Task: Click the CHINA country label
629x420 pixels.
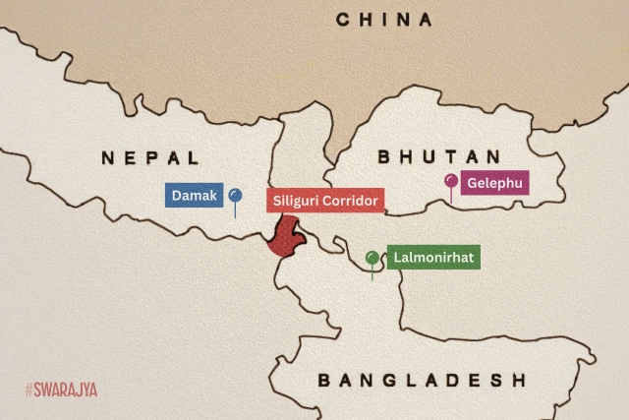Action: coord(384,20)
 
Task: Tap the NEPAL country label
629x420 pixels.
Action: coord(150,157)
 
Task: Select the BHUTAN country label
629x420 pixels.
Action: coord(438,157)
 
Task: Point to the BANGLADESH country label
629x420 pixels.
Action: coord(422,381)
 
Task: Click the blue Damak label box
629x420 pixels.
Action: coord(194,195)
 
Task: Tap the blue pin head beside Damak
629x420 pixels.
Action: coord(235,195)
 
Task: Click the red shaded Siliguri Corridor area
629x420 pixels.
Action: coord(286,237)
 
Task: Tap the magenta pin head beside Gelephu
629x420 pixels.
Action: coord(450,181)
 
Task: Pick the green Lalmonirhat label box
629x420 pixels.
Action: coord(432,259)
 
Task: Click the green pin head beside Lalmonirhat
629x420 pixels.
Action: coord(372,258)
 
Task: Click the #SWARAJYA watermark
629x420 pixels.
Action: coord(61,390)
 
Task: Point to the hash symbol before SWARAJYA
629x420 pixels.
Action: coord(29,390)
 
